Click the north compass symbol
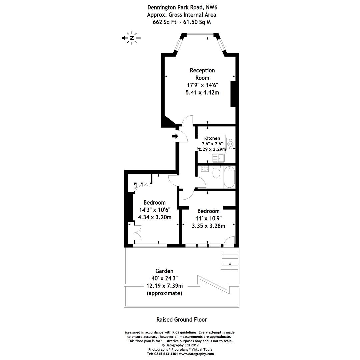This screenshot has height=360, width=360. (132, 38)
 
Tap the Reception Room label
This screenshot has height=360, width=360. (202, 74)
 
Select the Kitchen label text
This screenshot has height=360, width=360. (212, 138)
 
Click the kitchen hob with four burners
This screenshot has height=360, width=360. (231, 144)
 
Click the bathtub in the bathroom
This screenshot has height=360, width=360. (229, 177)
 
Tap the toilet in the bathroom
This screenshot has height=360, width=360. (216, 172)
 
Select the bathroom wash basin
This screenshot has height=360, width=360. (205, 169)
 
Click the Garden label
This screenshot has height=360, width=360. (164, 271)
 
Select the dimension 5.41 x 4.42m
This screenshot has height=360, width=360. (202, 92)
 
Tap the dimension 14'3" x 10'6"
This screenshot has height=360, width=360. (155, 210)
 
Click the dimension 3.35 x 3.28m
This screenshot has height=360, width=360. (208, 226)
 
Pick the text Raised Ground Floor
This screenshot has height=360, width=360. (182, 319)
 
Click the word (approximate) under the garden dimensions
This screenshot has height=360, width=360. (164, 293)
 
